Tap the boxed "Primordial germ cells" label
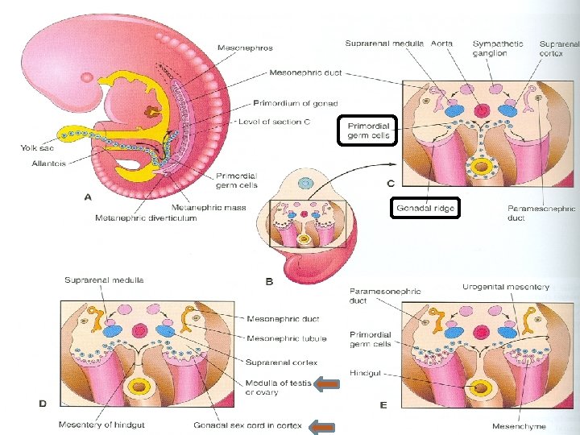(369, 131)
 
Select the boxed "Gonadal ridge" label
(425, 209)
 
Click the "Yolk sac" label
(36, 147)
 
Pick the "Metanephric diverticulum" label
(145, 218)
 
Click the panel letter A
(87, 195)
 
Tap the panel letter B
(269, 281)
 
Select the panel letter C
(391, 184)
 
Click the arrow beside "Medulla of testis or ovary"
(325, 386)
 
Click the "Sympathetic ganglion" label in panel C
(498, 48)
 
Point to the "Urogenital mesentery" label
(506, 288)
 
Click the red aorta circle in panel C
(483, 111)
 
